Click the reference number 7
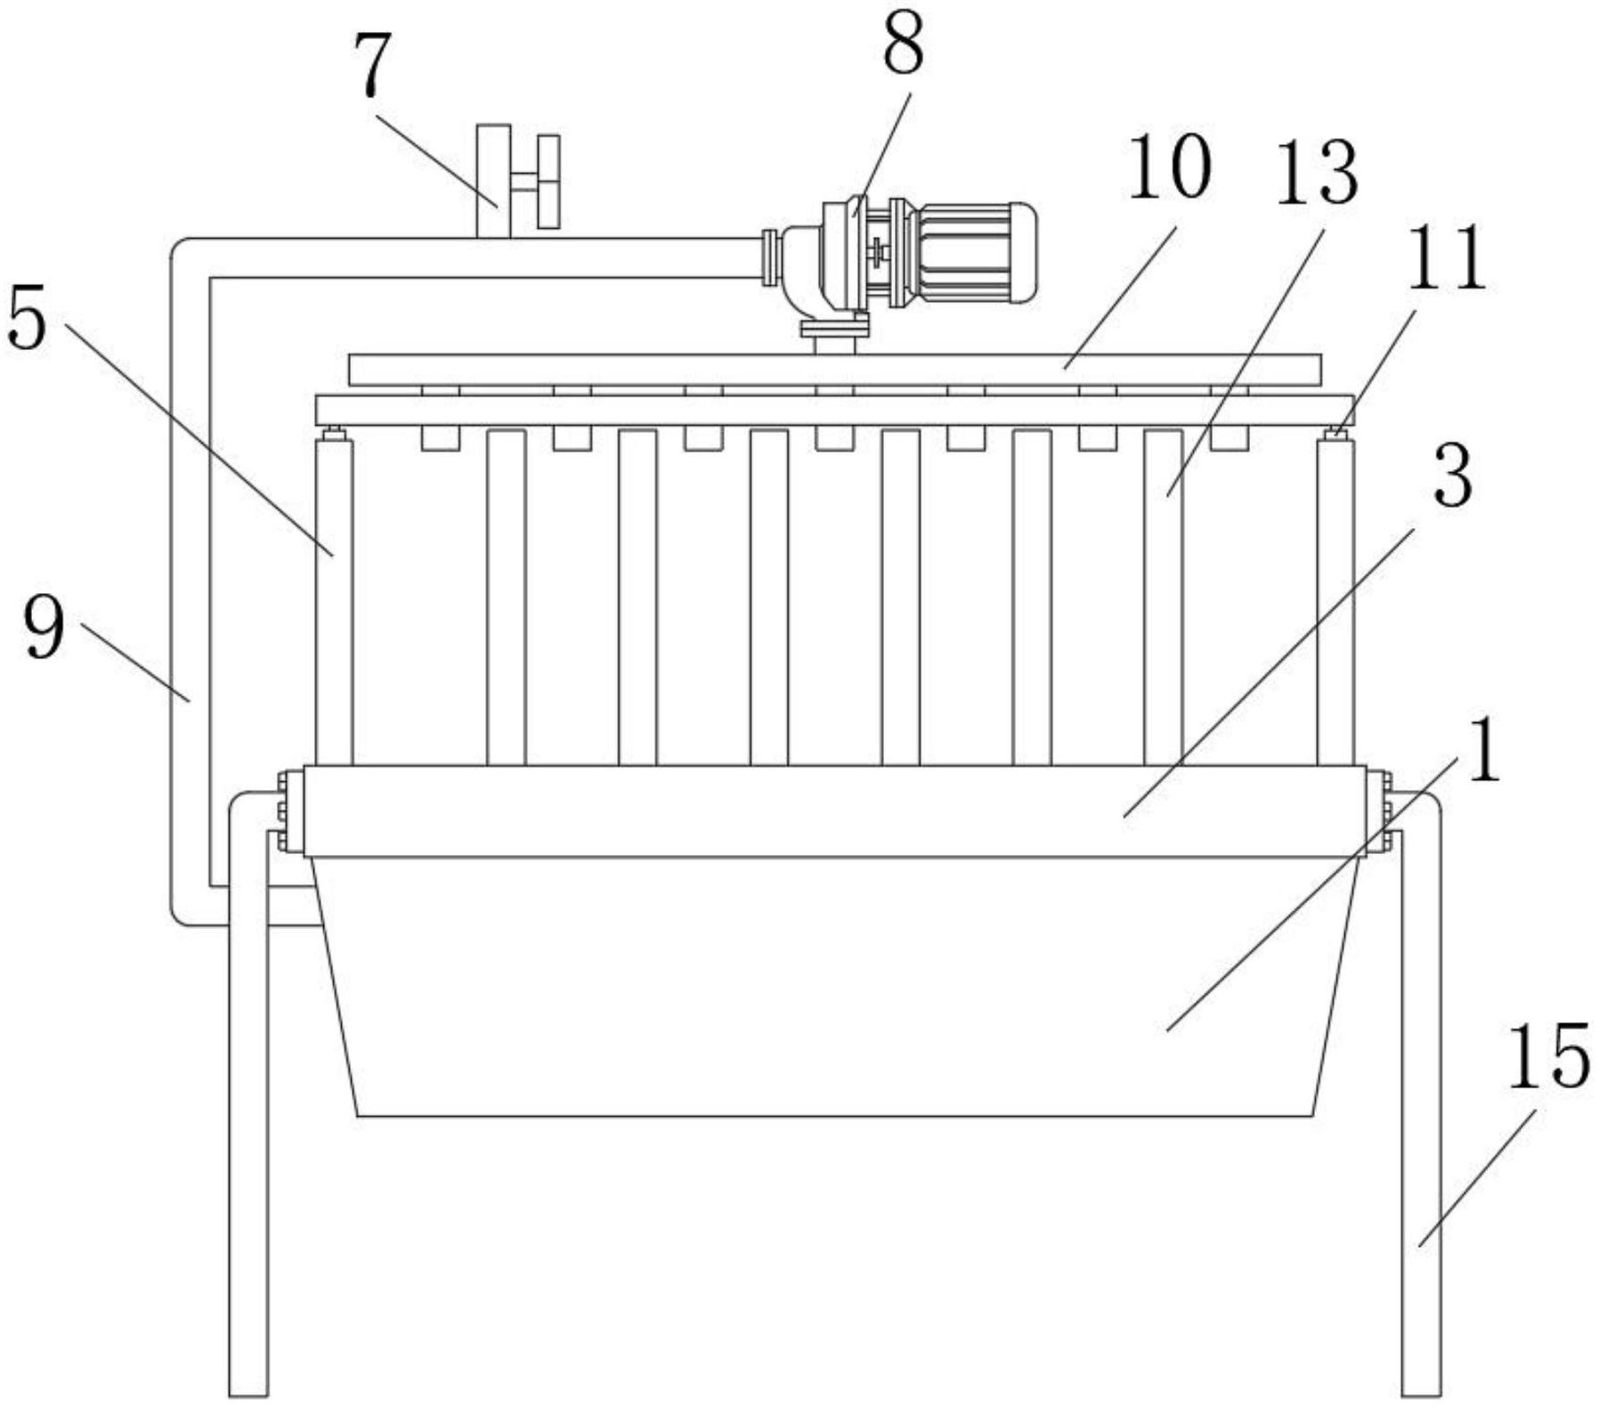tap(373, 67)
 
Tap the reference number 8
tap(903, 44)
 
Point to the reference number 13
tap(1317, 175)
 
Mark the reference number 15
tap(1548, 1056)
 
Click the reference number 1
tap(1481, 751)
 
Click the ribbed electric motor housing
tap(977, 252)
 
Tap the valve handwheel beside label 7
tap(549, 182)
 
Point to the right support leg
tap(1421, 1095)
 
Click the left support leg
tap(248, 1095)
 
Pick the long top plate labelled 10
tap(835, 370)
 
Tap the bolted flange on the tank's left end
tap(283, 811)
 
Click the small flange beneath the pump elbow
tap(834, 329)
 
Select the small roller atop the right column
tap(1335, 434)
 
